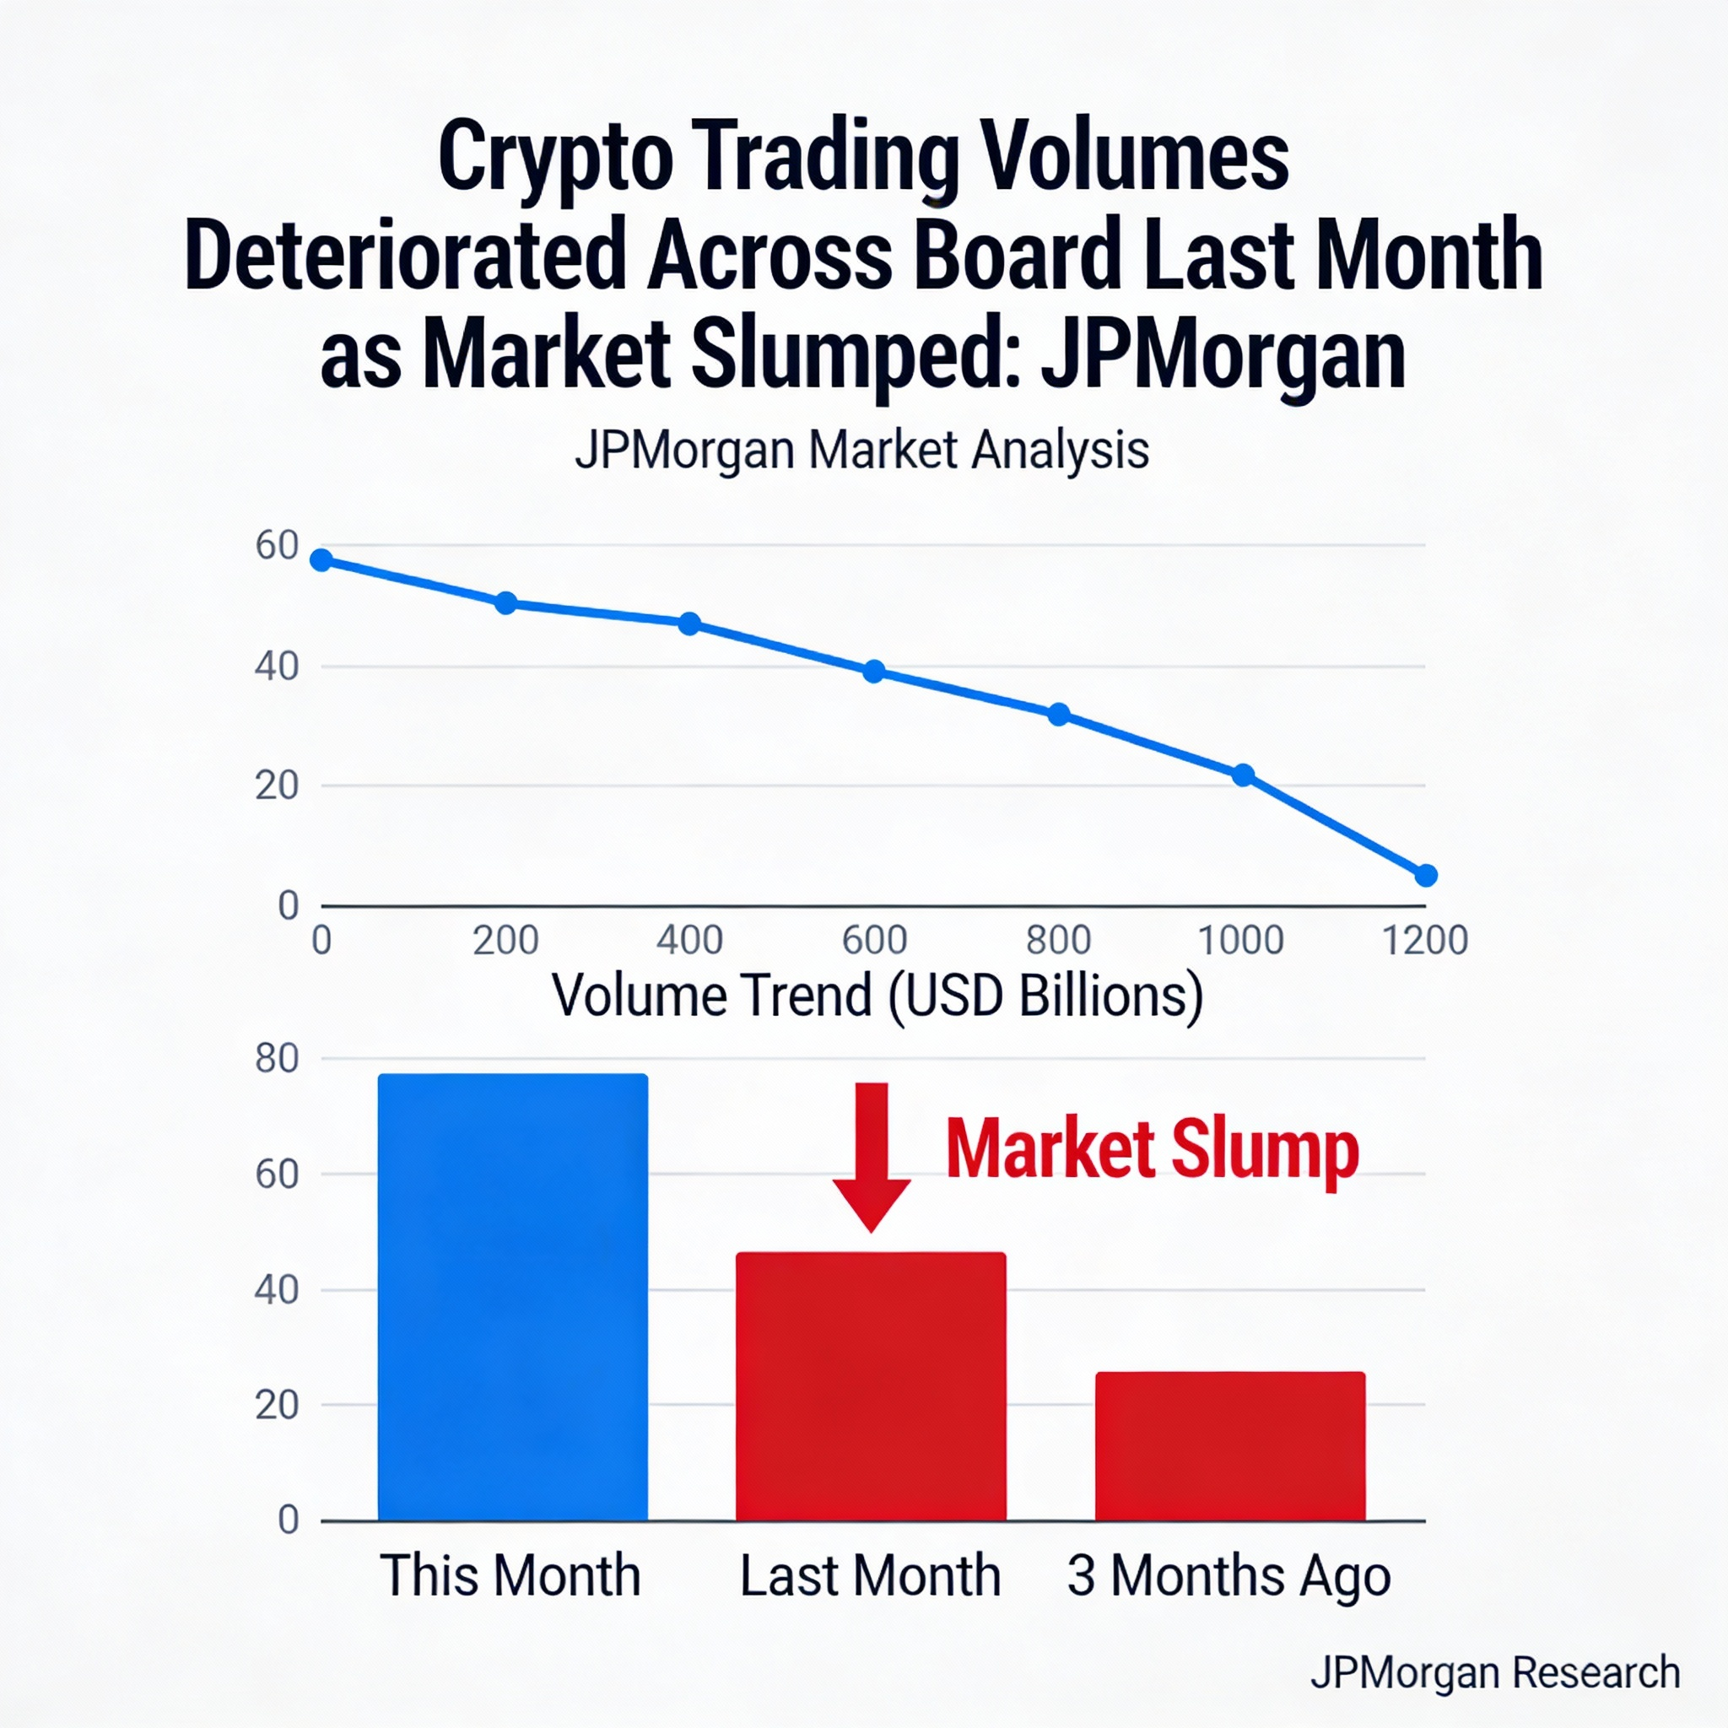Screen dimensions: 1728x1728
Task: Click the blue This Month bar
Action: click(512, 1296)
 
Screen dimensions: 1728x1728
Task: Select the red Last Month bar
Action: click(870, 1385)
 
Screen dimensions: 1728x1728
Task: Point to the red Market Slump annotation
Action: click(1152, 1150)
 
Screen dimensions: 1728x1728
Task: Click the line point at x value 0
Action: click(321, 561)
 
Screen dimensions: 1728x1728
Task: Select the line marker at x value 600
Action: click(874, 672)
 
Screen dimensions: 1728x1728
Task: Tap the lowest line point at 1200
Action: click(1427, 876)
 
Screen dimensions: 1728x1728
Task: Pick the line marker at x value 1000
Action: click(1242, 775)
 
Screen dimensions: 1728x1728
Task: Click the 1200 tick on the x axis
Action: click(1425, 941)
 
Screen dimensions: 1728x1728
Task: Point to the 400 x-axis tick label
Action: click(688, 941)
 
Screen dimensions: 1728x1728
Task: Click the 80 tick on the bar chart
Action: click(277, 1059)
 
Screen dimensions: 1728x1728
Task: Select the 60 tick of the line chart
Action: click(277, 546)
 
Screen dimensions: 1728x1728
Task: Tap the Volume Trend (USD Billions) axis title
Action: click(877, 996)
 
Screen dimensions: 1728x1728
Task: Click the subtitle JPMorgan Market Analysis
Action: click(861, 450)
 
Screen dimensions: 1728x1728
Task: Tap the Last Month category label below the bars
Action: click(869, 1575)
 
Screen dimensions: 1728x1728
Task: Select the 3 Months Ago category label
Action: click(1228, 1575)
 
